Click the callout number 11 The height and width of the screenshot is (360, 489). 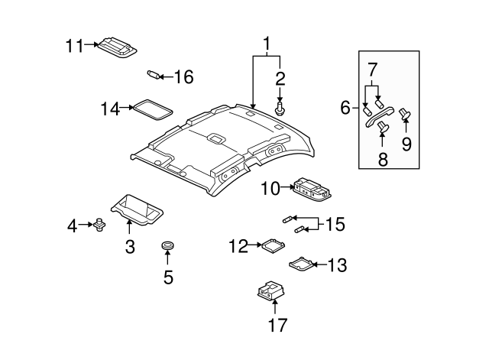click(75, 46)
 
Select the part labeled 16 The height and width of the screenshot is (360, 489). click(154, 75)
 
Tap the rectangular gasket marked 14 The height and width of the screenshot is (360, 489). click(153, 109)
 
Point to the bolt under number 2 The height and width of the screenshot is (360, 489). click(280, 109)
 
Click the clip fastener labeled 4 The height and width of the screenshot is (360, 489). click(99, 224)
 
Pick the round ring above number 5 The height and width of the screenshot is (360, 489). click(168, 245)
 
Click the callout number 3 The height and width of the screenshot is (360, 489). click(130, 246)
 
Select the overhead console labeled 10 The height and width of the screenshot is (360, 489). click(312, 188)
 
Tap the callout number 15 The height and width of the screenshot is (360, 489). click(335, 224)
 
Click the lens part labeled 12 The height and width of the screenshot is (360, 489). click(274, 245)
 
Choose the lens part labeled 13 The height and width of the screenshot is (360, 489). click(301, 264)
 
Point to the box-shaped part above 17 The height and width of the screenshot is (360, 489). click(270, 290)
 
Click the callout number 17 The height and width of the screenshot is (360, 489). click(277, 325)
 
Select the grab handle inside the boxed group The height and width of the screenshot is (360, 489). click(379, 117)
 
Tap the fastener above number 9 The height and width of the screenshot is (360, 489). click(405, 115)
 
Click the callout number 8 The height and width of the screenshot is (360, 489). click(383, 159)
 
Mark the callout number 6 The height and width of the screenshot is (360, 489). click(345, 108)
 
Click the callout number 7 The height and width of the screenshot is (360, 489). click(372, 70)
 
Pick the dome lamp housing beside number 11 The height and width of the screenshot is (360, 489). click(118, 48)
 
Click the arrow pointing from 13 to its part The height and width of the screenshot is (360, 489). click(319, 264)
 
